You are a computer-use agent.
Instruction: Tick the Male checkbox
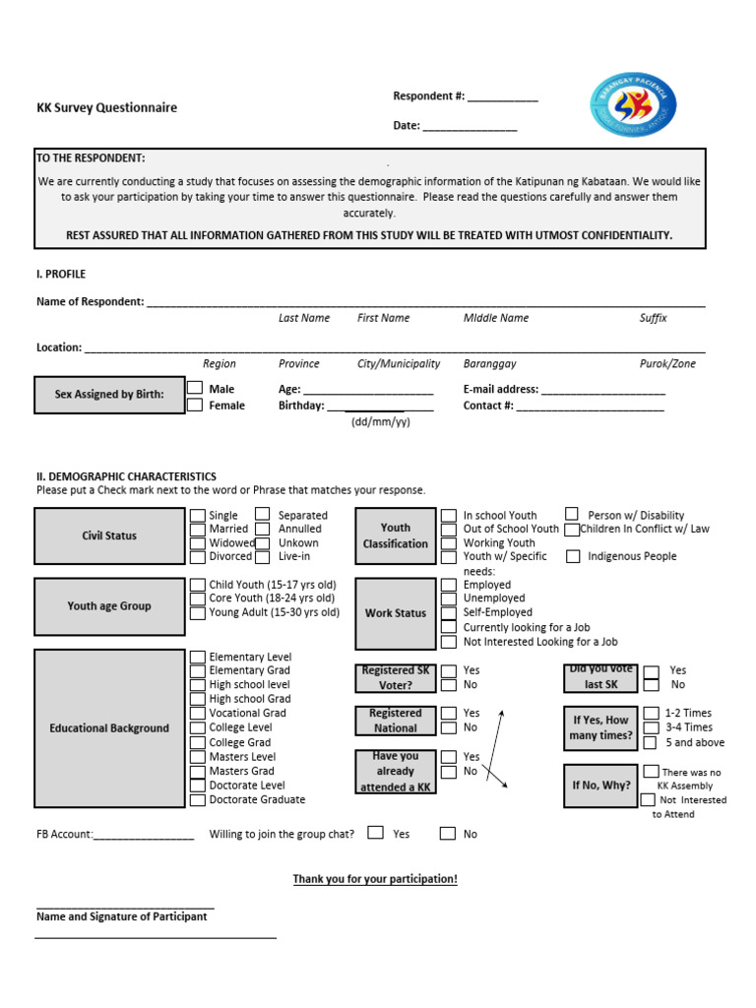pyautogui.click(x=196, y=389)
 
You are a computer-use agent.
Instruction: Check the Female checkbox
pyautogui.click(x=196, y=405)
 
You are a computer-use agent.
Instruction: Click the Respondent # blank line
pyautogui.click(x=502, y=98)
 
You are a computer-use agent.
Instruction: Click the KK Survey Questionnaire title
pyautogui.click(x=107, y=108)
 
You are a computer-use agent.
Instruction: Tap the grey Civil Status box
pyautogui.click(x=109, y=536)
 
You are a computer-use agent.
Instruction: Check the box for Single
pyautogui.click(x=198, y=515)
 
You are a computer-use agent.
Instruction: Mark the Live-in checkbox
pyautogui.click(x=263, y=556)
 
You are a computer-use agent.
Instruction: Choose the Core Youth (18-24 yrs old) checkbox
pyautogui.click(x=198, y=598)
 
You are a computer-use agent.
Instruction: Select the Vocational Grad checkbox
pyautogui.click(x=198, y=713)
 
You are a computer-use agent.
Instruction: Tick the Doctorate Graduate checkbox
pyautogui.click(x=198, y=799)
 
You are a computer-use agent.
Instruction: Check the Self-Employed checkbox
pyautogui.click(x=449, y=612)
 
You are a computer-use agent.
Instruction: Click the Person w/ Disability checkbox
pyautogui.click(x=572, y=514)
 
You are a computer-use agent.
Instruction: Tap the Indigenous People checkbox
pyautogui.click(x=573, y=556)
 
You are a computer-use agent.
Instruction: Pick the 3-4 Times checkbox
pyautogui.click(x=651, y=727)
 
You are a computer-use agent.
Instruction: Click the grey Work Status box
pyautogui.click(x=395, y=613)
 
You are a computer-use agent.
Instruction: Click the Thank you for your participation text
pyautogui.click(x=375, y=879)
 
